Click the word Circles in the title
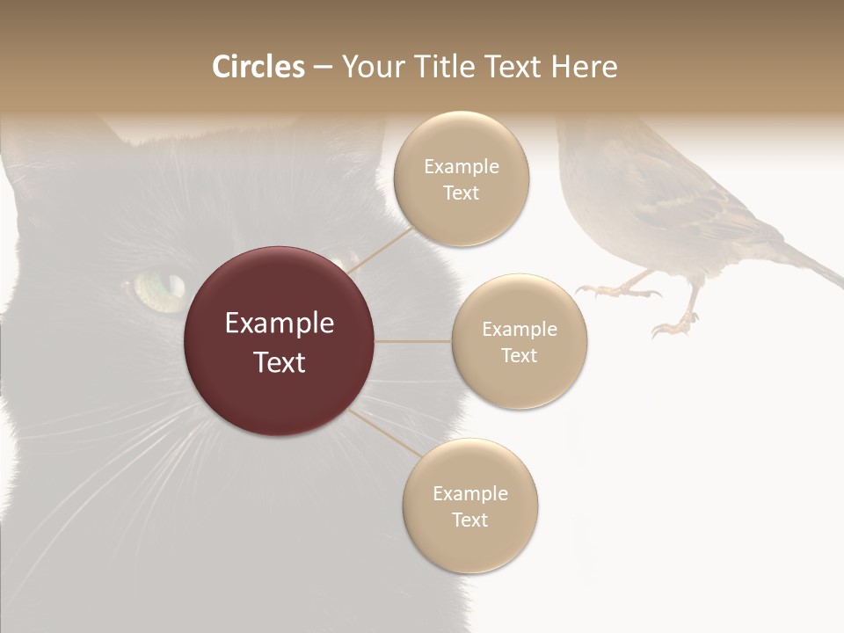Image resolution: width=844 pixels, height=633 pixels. [x=258, y=67]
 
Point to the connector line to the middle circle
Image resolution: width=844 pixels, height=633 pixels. [x=412, y=341]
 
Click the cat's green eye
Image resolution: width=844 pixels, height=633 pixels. [x=161, y=287]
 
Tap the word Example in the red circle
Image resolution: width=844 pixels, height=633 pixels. [x=280, y=324]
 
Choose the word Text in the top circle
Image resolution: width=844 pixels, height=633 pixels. [x=461, y=193]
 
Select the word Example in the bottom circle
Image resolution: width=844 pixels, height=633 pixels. [x=470, y=493]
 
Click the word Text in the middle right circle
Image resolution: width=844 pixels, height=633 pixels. [x=519, y=355]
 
